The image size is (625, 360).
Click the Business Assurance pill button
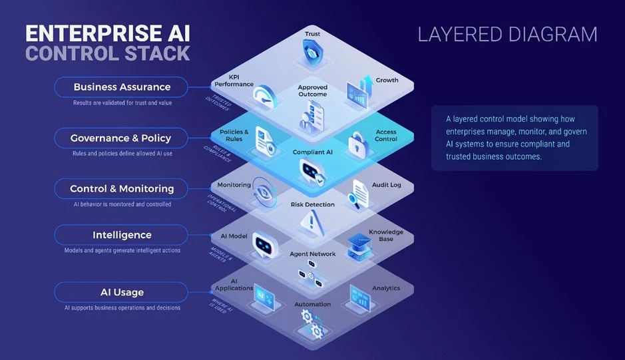122,87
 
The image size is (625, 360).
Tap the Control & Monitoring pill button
122,189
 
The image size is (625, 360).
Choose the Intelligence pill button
122,235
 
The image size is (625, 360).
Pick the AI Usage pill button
122,292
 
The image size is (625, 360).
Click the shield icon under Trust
312,49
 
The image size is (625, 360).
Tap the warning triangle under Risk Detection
311,222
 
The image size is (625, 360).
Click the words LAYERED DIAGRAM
507,35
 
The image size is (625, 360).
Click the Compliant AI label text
312,152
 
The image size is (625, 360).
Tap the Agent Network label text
312,254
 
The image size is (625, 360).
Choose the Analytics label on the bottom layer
386,288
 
